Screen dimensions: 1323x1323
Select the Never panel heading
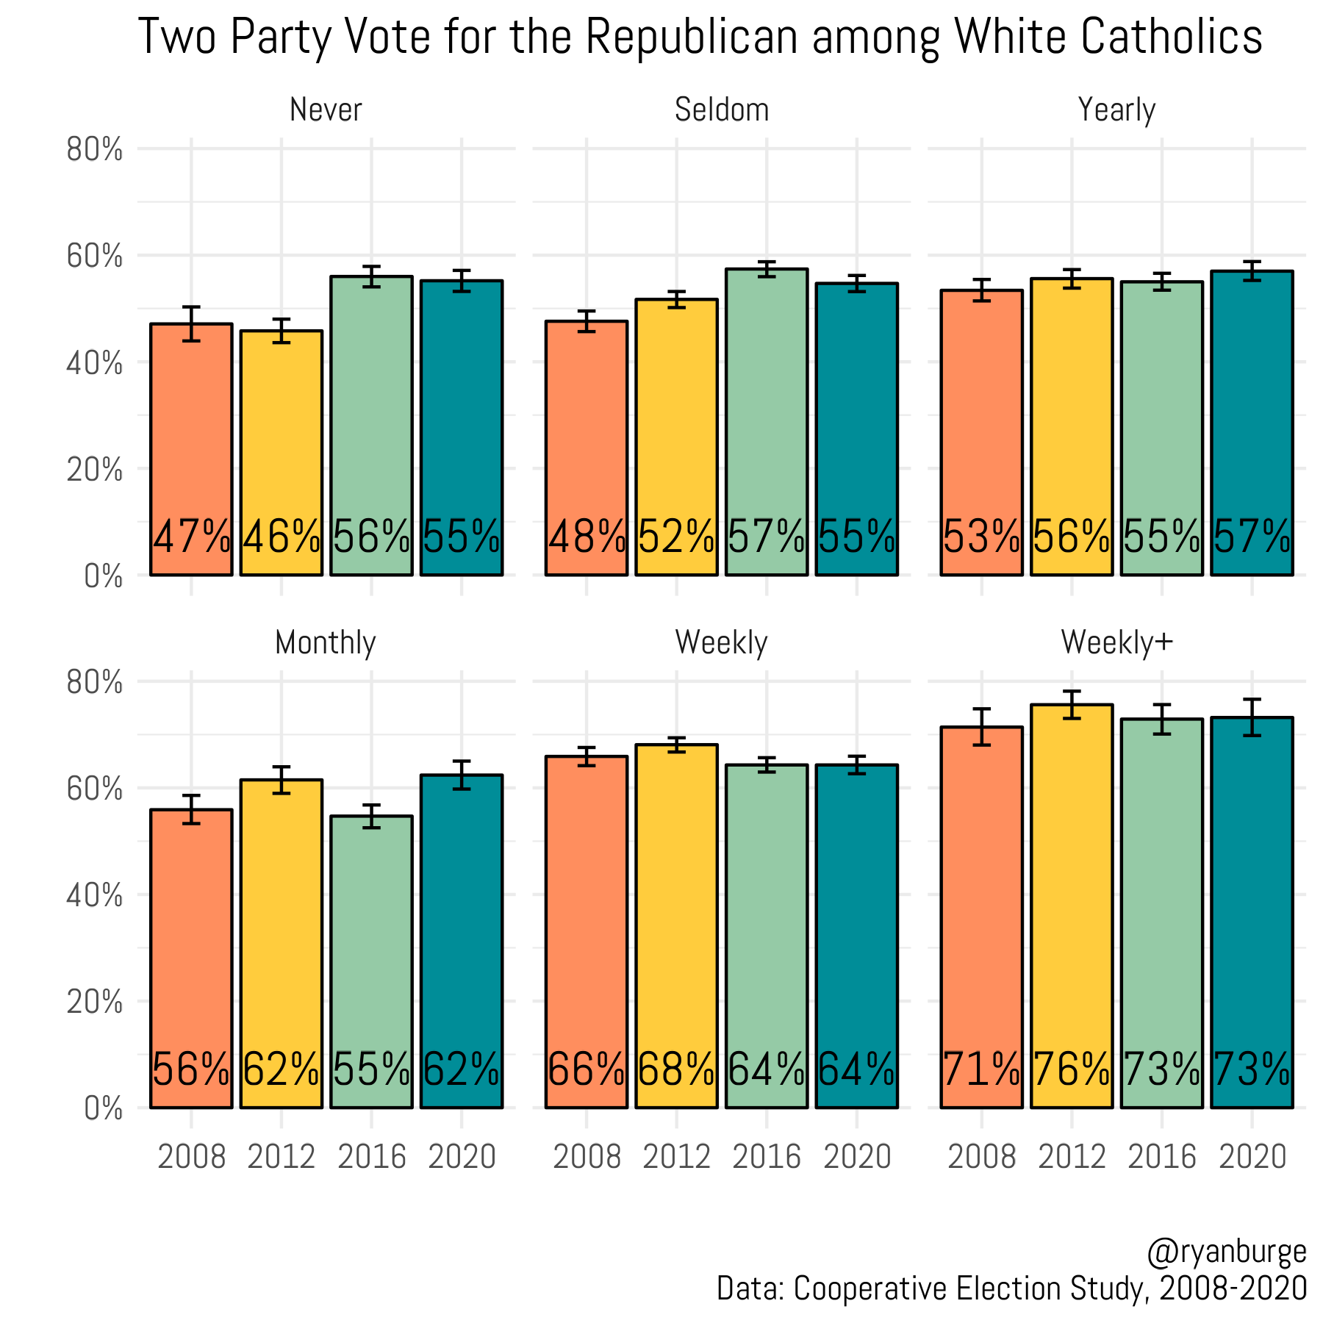point(326,110)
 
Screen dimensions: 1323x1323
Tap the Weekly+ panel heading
point(1116,643)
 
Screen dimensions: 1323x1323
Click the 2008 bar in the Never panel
point(191,441)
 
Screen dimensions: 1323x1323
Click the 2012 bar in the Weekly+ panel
point(1072,882)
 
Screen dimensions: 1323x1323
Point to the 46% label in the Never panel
point(282,537)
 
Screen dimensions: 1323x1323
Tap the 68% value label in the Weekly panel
point(676,1070)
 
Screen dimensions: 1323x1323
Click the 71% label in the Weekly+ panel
point(981,1070)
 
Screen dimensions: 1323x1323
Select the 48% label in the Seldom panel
point(587,537)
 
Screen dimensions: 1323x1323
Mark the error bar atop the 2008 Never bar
point(191,323)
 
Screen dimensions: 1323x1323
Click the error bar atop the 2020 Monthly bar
point(462,775)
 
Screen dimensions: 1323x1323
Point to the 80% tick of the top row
point(94,150)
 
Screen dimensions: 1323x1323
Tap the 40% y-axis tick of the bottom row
point(94,895)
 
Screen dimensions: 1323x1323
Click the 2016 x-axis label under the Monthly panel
point(371,1157)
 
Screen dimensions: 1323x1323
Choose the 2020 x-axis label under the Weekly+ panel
point(1252,1157)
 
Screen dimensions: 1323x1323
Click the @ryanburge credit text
point(1226,1252)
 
